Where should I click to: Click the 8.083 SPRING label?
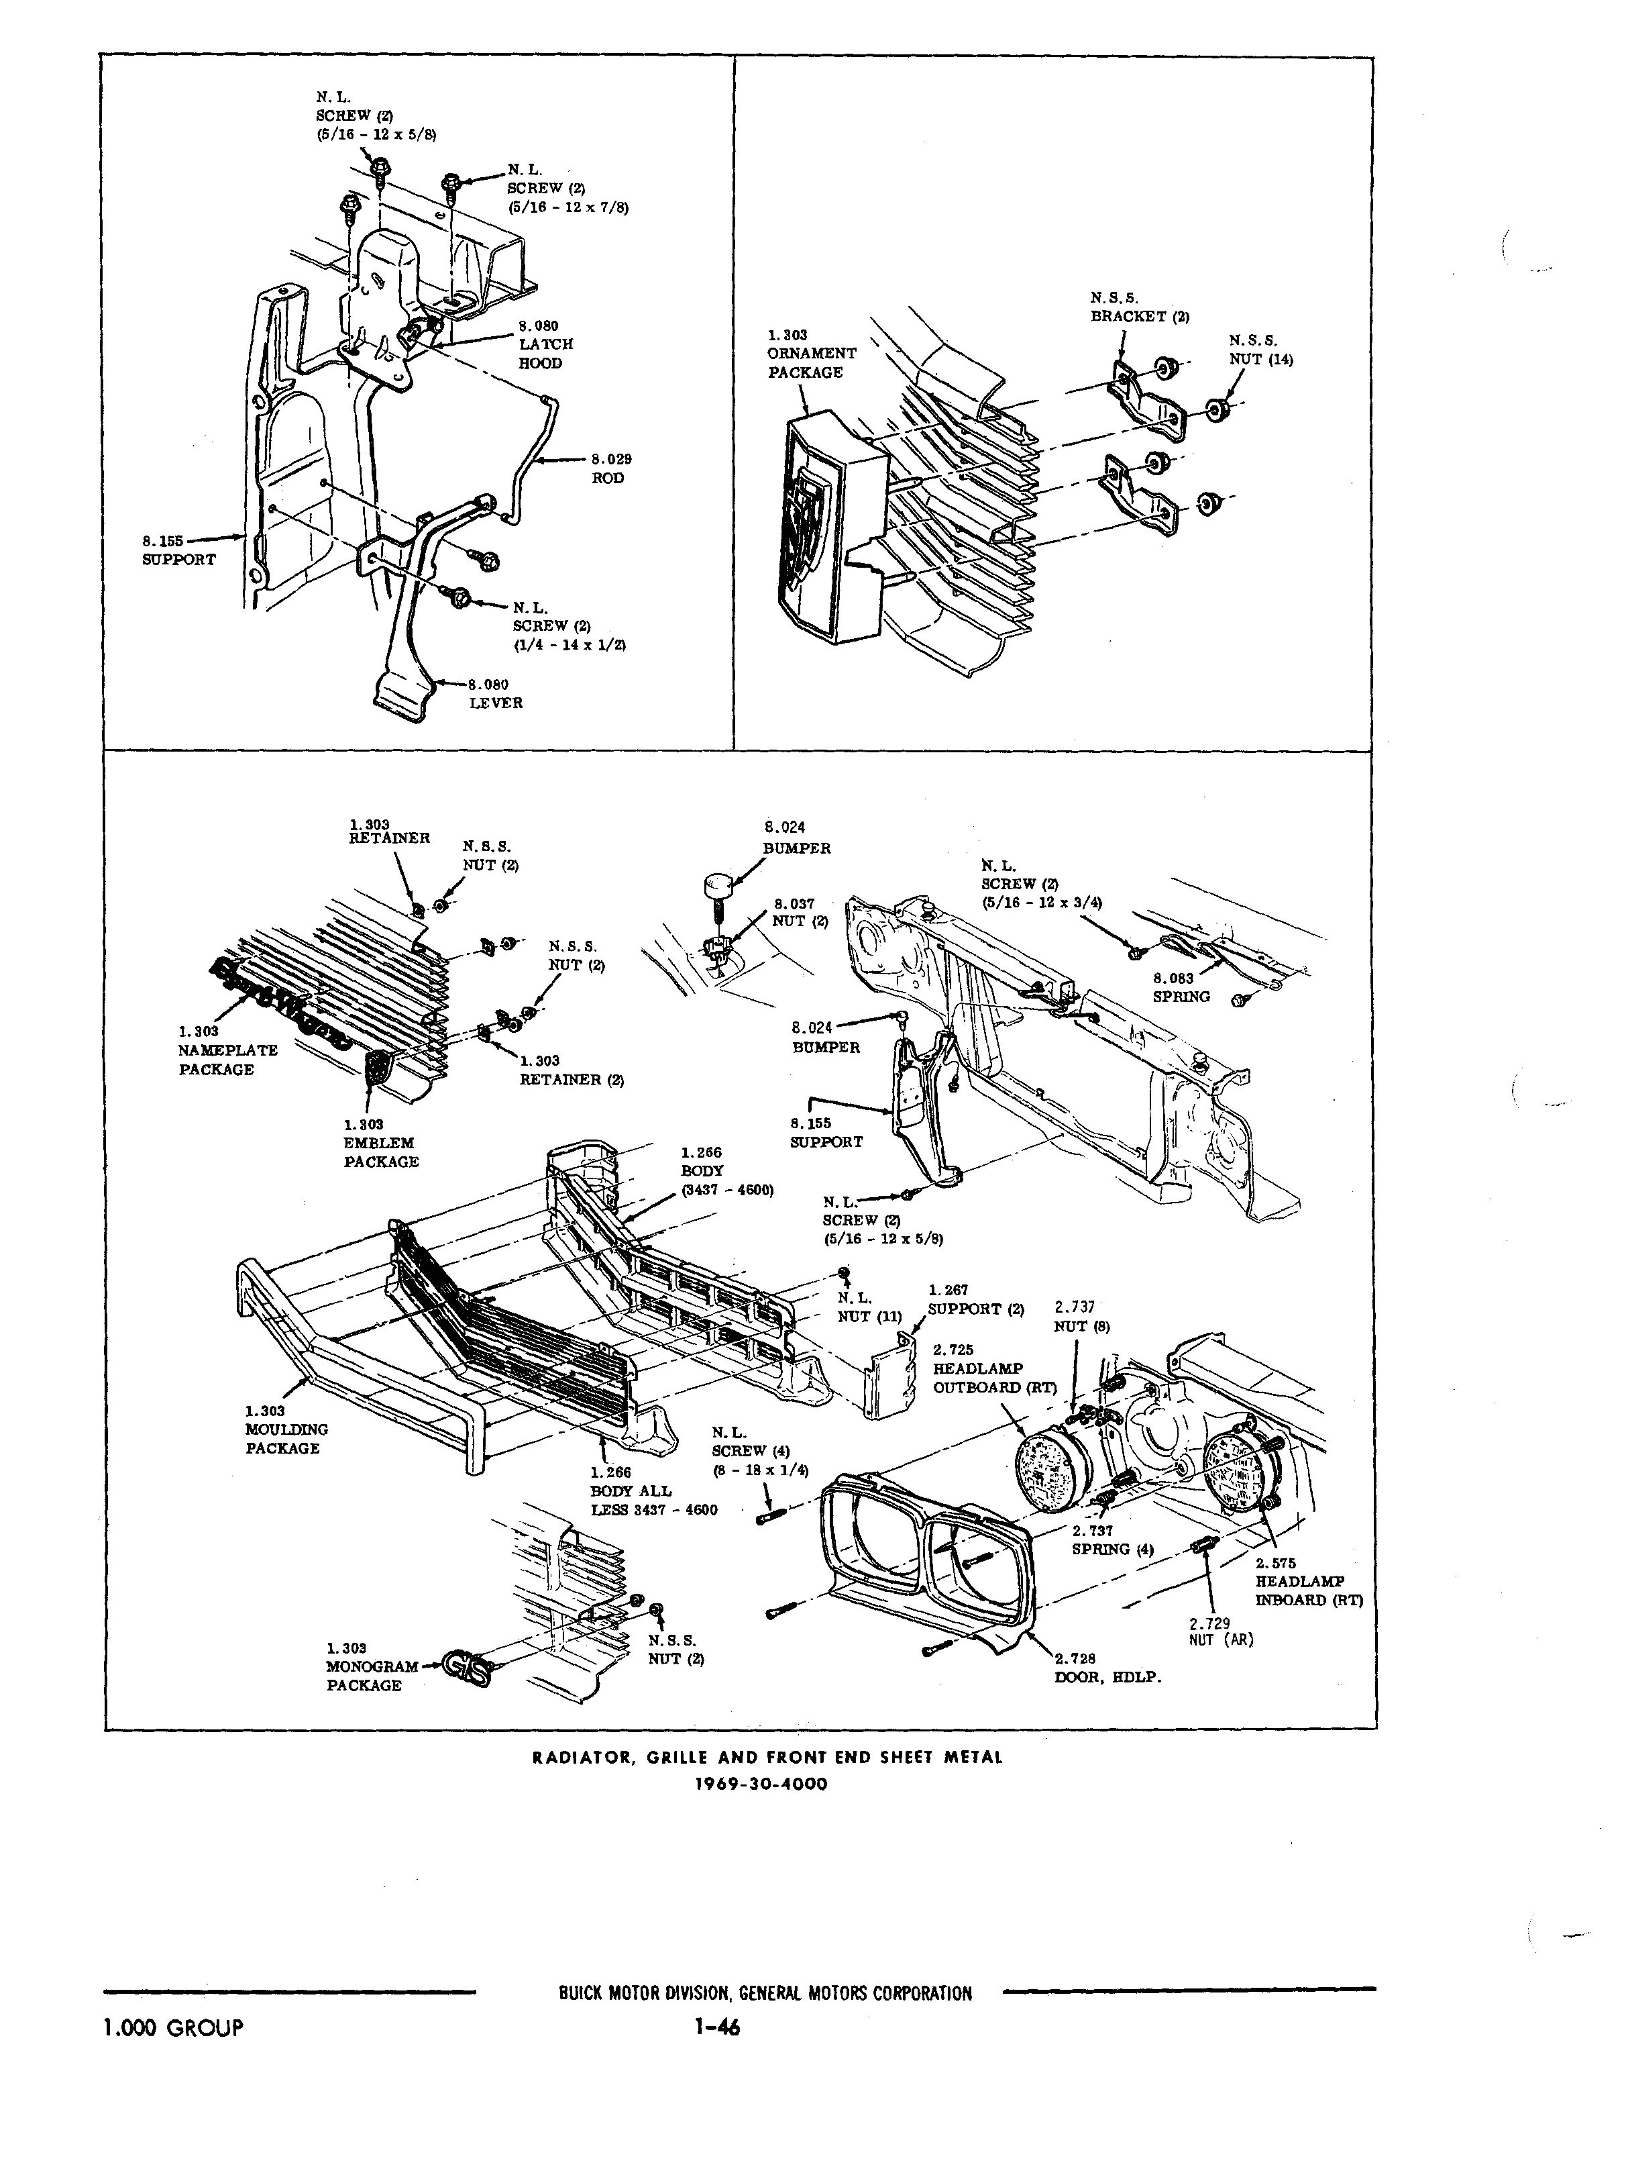[1181, 987]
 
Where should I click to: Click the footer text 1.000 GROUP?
[172, 2027]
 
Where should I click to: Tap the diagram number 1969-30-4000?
[761, 1783]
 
